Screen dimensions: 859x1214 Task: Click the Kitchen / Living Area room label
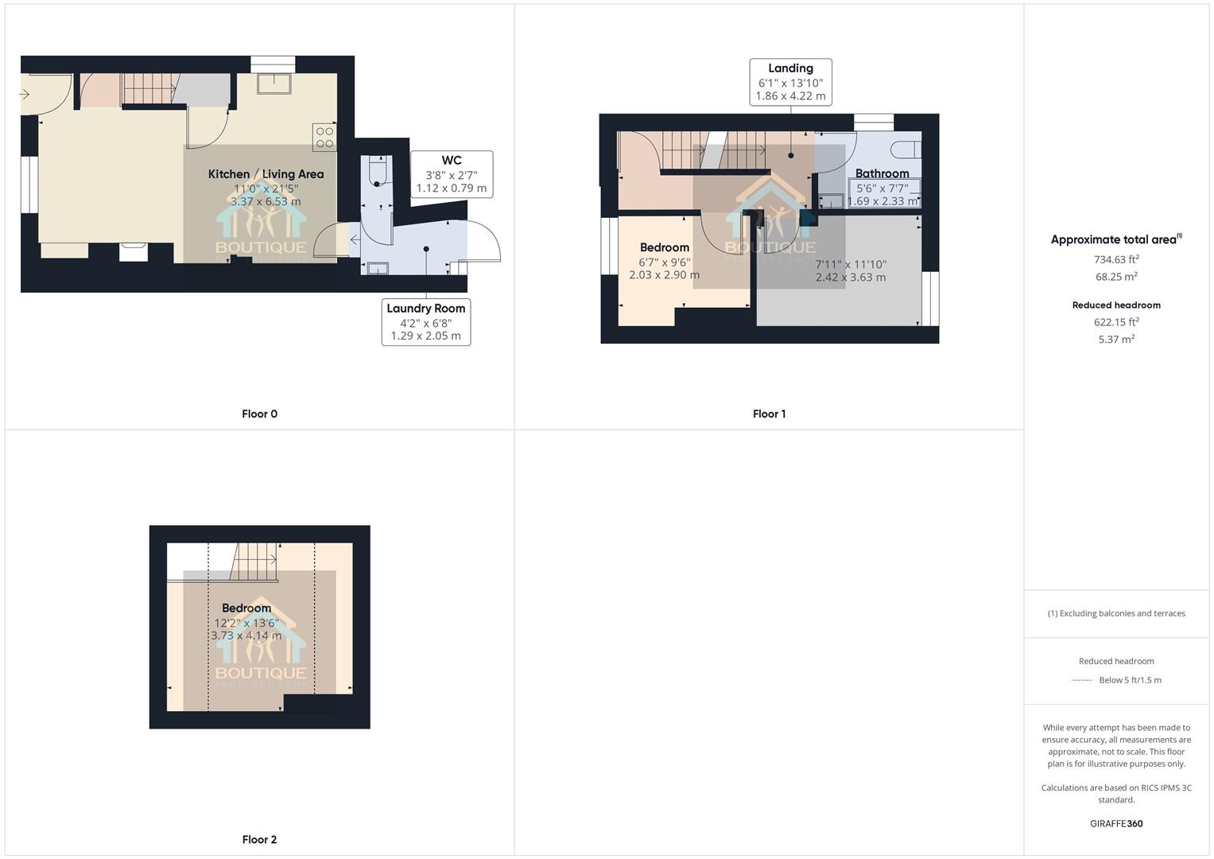point(266,174)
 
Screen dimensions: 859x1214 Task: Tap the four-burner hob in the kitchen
point(324,138)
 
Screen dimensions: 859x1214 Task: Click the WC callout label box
point(451,174)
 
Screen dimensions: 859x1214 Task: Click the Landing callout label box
point(790,82)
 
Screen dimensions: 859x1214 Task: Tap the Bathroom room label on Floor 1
point(882,173)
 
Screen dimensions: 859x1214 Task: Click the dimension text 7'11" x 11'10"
point(850,264)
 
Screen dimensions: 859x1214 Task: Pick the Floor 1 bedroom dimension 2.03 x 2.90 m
point(664,275)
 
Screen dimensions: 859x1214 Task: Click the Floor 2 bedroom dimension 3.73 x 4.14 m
point(246,636)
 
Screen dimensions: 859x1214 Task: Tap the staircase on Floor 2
point(254,562)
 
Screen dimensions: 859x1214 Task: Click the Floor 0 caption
point(259,414)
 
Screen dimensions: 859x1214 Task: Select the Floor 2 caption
point(259,839)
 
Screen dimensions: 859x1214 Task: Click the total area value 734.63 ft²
point(1116,259)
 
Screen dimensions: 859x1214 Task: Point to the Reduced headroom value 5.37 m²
point(1116,340)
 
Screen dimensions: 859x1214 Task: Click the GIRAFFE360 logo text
point(1116,824)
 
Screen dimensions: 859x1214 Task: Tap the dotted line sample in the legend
point(1082,680)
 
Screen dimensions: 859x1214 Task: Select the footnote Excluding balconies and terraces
point(1116,613)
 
